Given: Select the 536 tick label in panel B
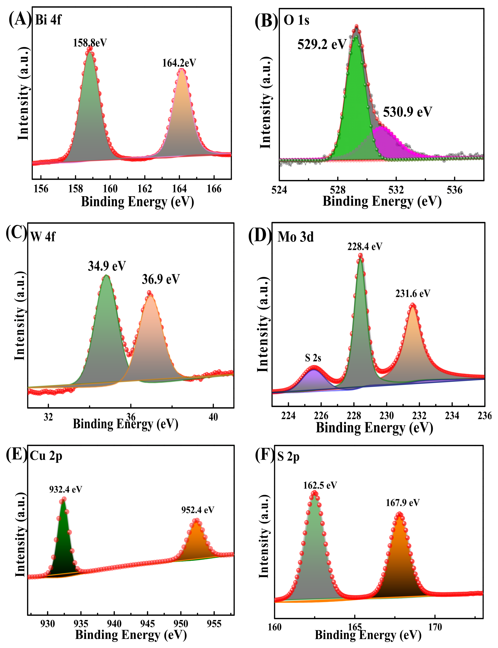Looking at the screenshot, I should click(x=454, y=190).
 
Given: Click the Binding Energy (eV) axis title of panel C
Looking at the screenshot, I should click(x=125, y=424).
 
